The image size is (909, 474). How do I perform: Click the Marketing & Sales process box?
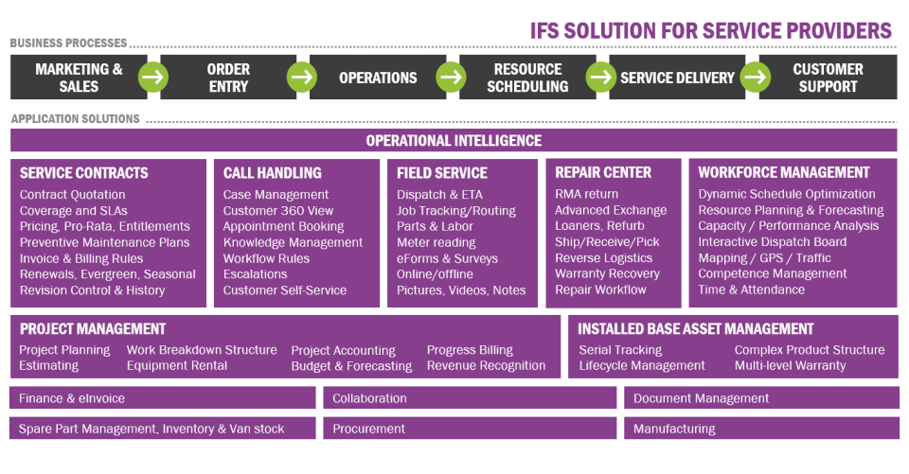(x=79, y=78)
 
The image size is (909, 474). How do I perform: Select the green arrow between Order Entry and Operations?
(x=302, y=78)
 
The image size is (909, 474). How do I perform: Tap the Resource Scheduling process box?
(x=528, y=78)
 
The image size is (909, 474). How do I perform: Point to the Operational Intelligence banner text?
(x=454, y=141)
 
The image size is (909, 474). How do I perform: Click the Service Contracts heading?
(x=84, y=173)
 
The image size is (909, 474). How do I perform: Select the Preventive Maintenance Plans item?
(x=104, y=242)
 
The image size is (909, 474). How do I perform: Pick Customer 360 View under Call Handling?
(x=278, y=211)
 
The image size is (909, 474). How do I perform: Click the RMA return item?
(x=586, y=195)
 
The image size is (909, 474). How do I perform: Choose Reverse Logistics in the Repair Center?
(x=603, y=258)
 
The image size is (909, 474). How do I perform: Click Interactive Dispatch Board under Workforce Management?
(x=773, y=242)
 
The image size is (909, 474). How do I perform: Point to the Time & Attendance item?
(x=751, y=290)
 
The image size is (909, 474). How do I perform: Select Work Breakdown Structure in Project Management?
(x=202, y=350)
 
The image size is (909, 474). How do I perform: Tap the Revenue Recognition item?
(x=486, y=366)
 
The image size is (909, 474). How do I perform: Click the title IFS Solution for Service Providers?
(x=710, y=30)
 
